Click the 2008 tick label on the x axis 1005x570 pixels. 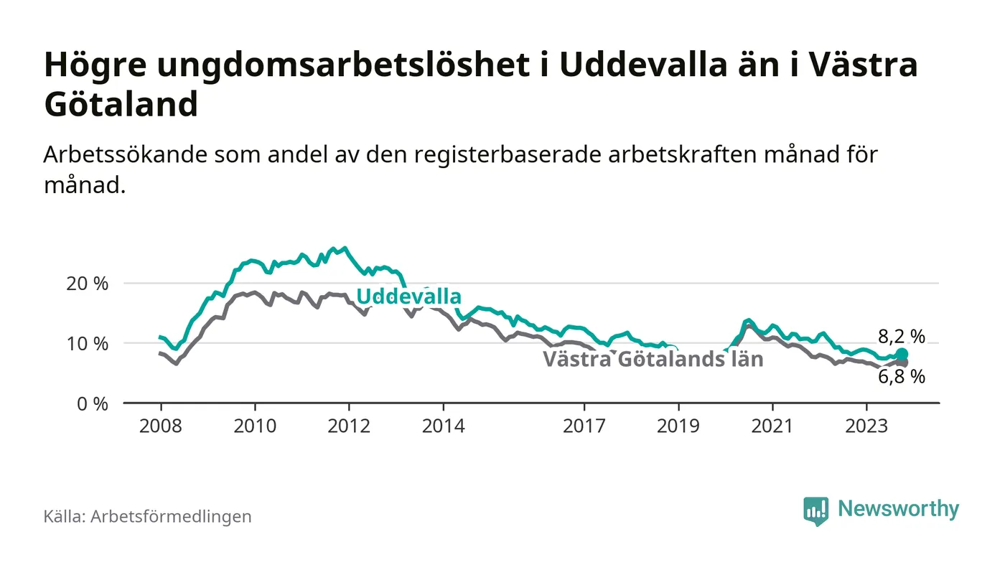click(160, 426)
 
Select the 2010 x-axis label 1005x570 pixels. click(255, 426)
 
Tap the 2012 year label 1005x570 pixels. click(349, 426)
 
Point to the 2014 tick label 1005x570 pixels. click(444, 426)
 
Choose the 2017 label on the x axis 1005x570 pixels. click(584, 426)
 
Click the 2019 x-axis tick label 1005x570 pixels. click(678, 426)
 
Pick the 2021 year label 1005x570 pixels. click(772, 426)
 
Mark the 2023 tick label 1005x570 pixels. click(866, 426)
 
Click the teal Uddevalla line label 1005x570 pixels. click(408, 296)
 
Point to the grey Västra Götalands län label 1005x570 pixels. click(653, 359)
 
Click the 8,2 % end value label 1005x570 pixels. click(902, 336)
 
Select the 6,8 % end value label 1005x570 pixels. click(902, 377)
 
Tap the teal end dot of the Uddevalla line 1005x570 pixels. click(902, 355)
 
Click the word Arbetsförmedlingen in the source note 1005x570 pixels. click(171, 516)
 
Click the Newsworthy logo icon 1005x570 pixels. click(815, 510)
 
